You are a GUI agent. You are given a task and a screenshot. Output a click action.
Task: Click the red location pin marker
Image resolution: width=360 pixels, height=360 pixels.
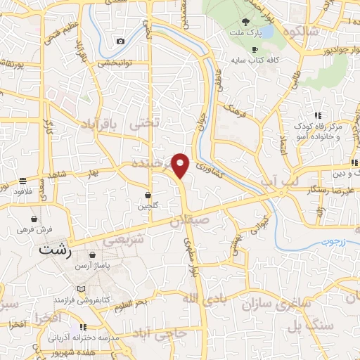coord(181,165)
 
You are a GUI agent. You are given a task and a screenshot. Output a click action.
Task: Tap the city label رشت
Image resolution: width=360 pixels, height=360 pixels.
coord(57,249)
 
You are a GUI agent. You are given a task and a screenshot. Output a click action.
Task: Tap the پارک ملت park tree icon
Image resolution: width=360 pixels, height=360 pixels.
coord(245,22)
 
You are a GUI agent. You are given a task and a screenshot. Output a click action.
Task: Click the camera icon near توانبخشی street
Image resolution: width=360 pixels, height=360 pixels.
coord(120,41)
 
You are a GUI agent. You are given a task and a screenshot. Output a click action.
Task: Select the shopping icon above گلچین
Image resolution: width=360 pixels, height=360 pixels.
coord(148,195)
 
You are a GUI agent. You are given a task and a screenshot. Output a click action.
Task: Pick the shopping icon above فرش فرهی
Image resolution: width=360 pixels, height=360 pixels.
coord(34,219)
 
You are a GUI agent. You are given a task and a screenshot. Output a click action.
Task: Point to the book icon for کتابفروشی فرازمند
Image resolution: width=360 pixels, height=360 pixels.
coord(82,290)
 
